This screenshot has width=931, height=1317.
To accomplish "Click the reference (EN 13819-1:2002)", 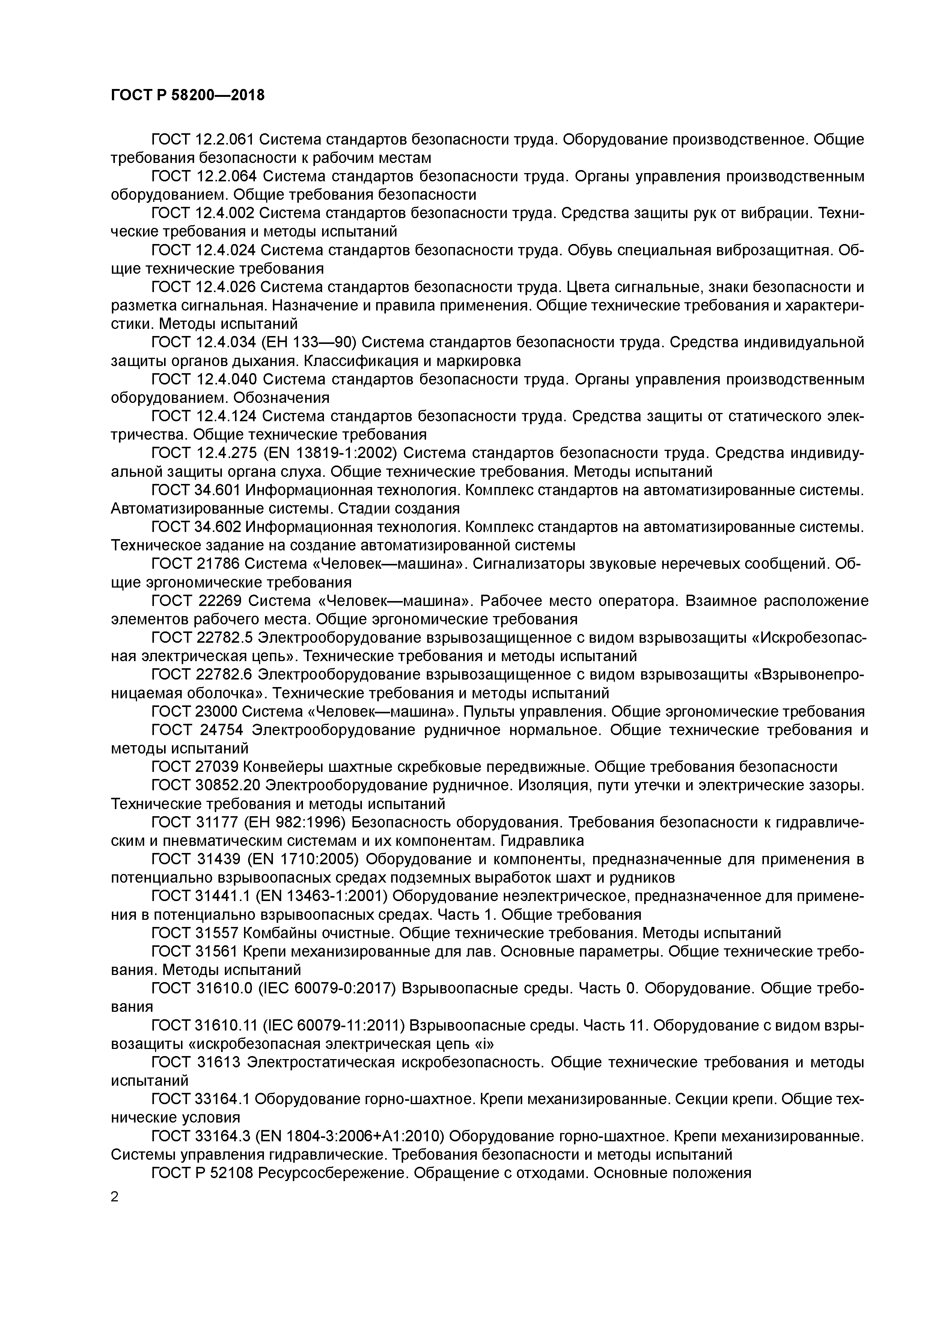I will pos(330,453).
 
